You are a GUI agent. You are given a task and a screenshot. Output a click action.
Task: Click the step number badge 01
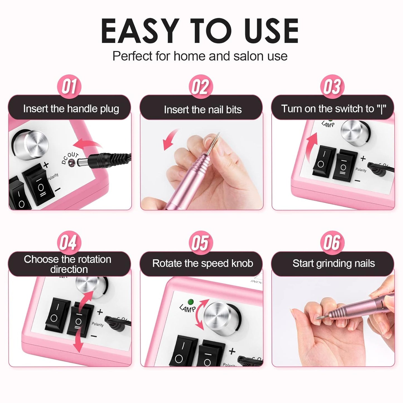69,86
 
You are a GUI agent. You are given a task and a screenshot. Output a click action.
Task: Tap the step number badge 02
201,86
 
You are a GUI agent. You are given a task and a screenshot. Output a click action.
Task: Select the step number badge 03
332,86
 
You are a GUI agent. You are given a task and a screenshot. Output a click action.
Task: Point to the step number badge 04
69,242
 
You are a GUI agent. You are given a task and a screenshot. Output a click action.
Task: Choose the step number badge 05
201,242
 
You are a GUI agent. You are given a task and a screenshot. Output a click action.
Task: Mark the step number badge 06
332,242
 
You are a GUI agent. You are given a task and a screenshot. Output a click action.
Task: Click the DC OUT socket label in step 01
70,158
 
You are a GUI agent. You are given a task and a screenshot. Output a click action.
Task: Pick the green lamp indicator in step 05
191,302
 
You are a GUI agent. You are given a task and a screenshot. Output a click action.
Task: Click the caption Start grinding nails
334,263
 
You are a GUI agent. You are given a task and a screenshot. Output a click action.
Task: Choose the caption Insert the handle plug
71,109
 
